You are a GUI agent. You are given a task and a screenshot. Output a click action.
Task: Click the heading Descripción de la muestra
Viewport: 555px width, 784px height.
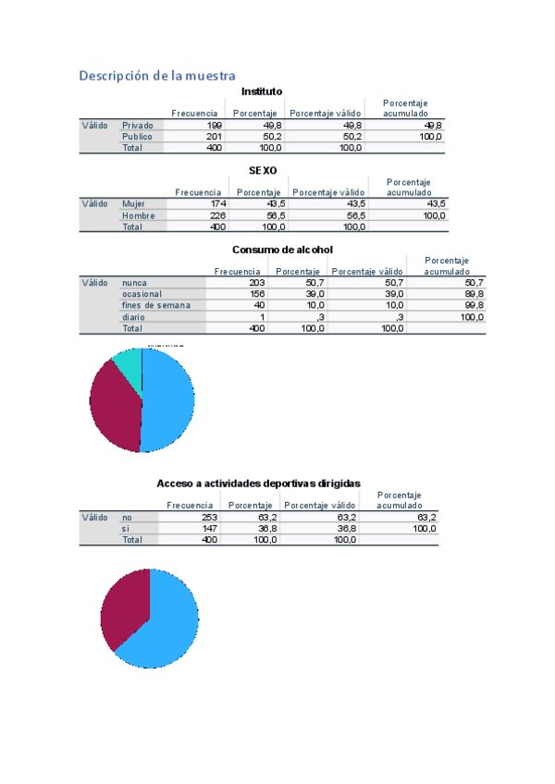coord(157,75)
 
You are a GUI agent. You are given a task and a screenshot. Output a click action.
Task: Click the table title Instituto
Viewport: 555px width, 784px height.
coord(262,91)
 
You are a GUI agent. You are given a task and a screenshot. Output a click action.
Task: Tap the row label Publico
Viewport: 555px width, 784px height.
coord(137,136)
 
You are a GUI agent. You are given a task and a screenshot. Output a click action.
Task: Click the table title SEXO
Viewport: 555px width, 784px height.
coord(263,170)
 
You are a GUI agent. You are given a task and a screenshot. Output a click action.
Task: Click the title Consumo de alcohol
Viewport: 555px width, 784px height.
coord(282,250)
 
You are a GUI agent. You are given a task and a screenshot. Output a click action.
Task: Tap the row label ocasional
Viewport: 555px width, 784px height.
coord(142,294)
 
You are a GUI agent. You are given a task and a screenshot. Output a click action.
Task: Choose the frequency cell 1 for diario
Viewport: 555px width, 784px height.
coord(262,317)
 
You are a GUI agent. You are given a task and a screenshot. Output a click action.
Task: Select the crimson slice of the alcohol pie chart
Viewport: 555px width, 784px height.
coord(113,407)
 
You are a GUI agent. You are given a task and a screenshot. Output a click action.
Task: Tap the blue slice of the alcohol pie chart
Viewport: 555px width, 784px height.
coord(169,399)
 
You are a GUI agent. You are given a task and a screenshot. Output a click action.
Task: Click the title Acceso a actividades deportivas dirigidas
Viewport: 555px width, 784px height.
coord(259,483)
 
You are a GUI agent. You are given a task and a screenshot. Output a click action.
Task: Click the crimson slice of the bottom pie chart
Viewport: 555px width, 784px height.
coord(125,606)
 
